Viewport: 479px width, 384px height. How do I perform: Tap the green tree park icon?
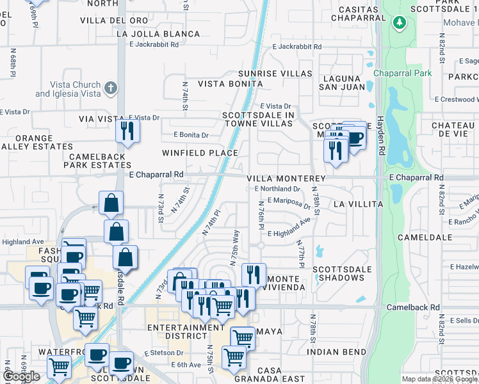click(x=400, y=23)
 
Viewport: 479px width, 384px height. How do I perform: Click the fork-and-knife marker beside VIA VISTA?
click(x=127, y=131)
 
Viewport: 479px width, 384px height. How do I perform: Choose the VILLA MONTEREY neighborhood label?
click(x=286, y=178)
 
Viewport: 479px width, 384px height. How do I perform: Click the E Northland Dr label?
click(x=277, y=189)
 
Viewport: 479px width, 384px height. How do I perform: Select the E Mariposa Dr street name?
click(x=289, y=202)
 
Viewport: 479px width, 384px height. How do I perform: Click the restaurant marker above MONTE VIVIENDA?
click(x=254, y=275)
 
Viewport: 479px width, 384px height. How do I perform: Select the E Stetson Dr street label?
click(x=164, y=353)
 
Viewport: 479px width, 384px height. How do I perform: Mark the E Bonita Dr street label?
click(x=191, y=135)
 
